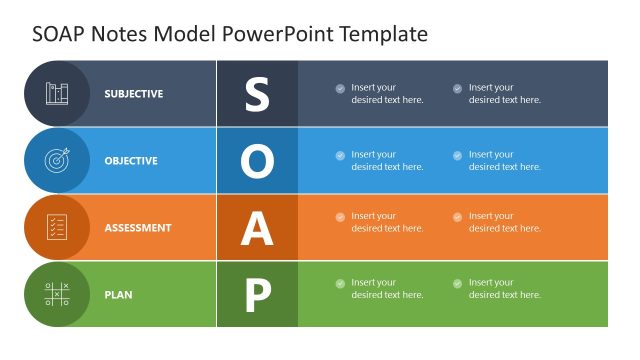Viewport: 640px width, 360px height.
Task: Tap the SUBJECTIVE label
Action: pos(133,94)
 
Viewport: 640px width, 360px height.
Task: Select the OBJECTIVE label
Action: pos(131,161)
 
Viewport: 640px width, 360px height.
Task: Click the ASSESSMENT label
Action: pos(137,228)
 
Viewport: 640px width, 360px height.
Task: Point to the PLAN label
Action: pos(118,295)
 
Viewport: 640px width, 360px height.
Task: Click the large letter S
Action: pos(257,94)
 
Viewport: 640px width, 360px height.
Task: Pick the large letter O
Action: pos(257,161)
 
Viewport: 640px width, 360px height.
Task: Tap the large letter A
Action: pos(257,228)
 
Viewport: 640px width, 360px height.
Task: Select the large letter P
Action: pos(257,295)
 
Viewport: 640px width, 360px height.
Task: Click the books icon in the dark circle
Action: pos(57,93)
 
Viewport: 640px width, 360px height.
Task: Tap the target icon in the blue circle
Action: pos(57,160)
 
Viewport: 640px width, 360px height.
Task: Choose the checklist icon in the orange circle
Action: pos(57,227)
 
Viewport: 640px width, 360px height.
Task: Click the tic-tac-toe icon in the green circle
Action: pos(57,294)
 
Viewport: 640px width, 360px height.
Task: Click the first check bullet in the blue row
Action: pos(340,155)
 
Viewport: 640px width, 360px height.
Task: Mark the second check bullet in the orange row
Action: pos(458,216)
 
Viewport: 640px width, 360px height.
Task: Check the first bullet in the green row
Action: pos(340,283)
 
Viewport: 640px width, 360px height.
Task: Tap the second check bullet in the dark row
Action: pos(458,88)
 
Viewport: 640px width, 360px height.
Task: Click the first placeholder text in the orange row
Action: pos(387,222)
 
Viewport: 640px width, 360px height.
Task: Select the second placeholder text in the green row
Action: pos(504,289)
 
